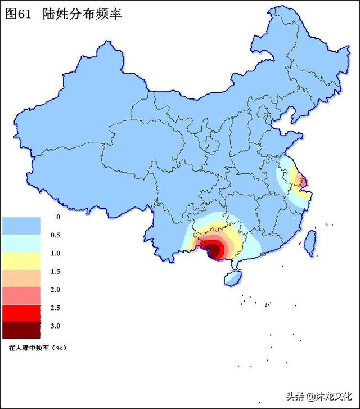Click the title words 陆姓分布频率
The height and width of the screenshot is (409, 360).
tap(82, 14)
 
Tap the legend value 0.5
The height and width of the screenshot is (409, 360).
tap(55, 235)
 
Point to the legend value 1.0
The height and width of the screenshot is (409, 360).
tap(55, 253)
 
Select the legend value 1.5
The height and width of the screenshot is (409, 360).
tap(55, 272)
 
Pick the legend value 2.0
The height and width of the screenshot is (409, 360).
tap(55, 290)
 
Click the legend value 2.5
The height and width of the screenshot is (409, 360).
tap(55, 308)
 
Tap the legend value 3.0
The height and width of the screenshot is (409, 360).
tap(55, 326)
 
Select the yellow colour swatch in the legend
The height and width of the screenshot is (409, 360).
tap(21, 261)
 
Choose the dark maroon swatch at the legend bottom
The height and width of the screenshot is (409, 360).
tap(21, 330)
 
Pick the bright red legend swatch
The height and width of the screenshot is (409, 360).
tap(21, 313)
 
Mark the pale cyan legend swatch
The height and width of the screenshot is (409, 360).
tap(21, 244)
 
